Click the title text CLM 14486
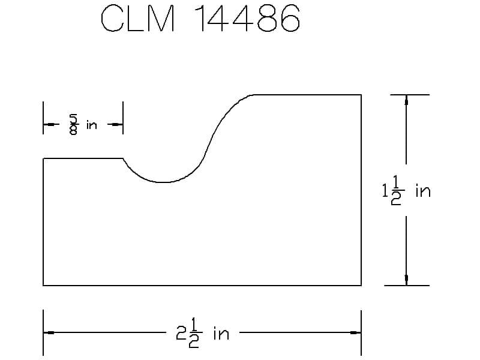(x=200, y=19)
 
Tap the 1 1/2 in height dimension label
(x=406, y=191)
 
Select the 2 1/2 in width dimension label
(x=202, y=332)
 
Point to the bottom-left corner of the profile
(x=43, y=286)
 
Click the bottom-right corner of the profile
(x=361, y=286)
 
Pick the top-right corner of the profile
(x=361, y=95)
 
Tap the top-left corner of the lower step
(x=43, y=158)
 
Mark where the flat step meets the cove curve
(x=123, y=158)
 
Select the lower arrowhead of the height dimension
(x=406, y=280)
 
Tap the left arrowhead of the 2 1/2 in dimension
(x=49, y=332)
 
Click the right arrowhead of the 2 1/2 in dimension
(x=356, y=332)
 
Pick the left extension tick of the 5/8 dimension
(x=43, y=118)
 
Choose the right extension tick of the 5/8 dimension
(x=123, y=118)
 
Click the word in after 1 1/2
(x=423, y=191)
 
